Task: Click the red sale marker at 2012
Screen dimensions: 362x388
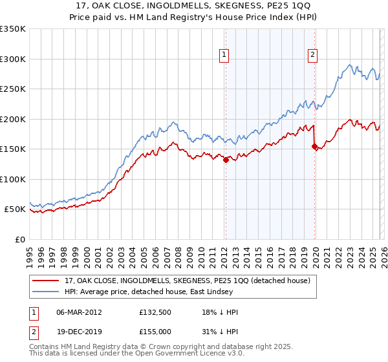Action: tap(226, 160)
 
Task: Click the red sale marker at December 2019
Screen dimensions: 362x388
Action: tap(315, 147)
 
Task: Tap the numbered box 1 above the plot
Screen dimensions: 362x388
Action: tap(224, 56)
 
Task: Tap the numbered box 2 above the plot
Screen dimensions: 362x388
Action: tap(312, 56)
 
